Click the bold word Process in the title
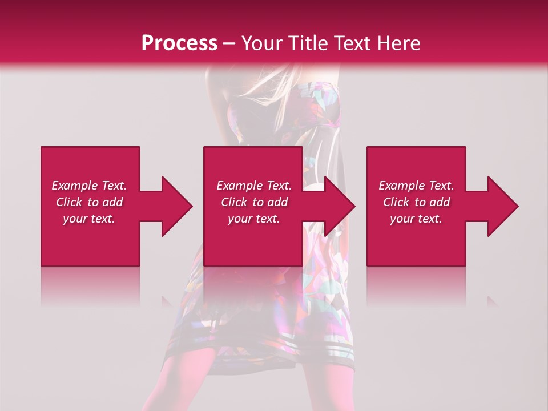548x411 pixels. (179, 43)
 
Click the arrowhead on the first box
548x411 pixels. (174, 206)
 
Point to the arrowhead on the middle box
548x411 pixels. (337, 206)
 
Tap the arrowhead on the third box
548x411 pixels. (500, 206)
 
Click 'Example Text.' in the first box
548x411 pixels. (89, 186)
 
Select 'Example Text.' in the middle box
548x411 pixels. (254, 186)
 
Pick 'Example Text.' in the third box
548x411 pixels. (416, 186)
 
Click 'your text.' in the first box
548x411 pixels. (89, 219)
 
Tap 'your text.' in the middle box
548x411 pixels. (254, 219)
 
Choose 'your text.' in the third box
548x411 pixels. (416, 219)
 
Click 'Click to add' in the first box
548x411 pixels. (89, 202)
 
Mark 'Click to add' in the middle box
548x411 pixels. (254, 202)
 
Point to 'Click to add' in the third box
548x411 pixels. (416, 202)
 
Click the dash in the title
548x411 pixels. (229, 44)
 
